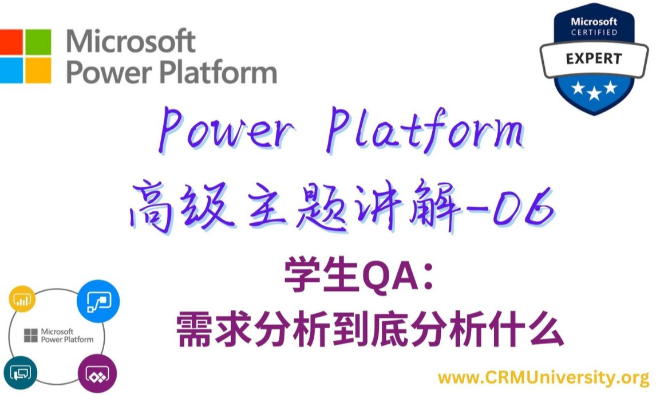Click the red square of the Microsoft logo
tap(11, 41)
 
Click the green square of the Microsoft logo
tap(38, 41)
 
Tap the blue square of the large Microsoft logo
tap(11, 70)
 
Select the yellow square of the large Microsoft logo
tap(38, 70)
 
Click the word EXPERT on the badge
tap(594, 59)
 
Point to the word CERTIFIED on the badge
tap(594, 33)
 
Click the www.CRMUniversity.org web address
tap(543, 378)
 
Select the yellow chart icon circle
tap(22, 299)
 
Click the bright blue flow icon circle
tap(98, 301)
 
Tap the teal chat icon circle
tap(20, 372)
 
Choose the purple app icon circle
tap(97, 373)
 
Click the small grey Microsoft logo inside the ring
tap(30, 336)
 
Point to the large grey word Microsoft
tap(131, 41)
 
